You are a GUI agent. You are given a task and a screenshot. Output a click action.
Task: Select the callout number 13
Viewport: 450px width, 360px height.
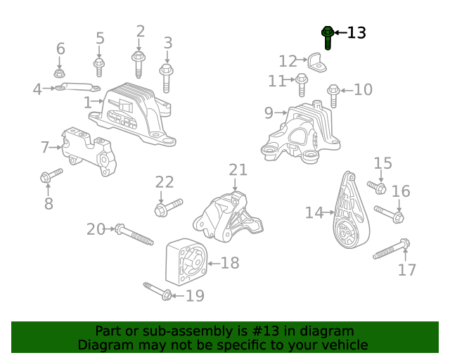click(x=356, y=32)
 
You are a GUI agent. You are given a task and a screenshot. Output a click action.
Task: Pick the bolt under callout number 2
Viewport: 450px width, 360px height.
click(x=139, y=65)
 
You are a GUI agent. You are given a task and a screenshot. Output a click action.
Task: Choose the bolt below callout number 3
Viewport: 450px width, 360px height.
click(x=167, y=77)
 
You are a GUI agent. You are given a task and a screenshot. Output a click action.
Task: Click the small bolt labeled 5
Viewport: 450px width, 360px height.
click(x=99, y=66)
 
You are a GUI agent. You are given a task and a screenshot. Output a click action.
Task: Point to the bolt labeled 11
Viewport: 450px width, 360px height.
click(x=302, y=84)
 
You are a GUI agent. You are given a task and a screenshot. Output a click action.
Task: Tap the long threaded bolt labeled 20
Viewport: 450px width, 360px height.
click(x=134, y=234)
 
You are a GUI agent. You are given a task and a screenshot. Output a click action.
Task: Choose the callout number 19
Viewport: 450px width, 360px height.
click(x=194, y=295)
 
